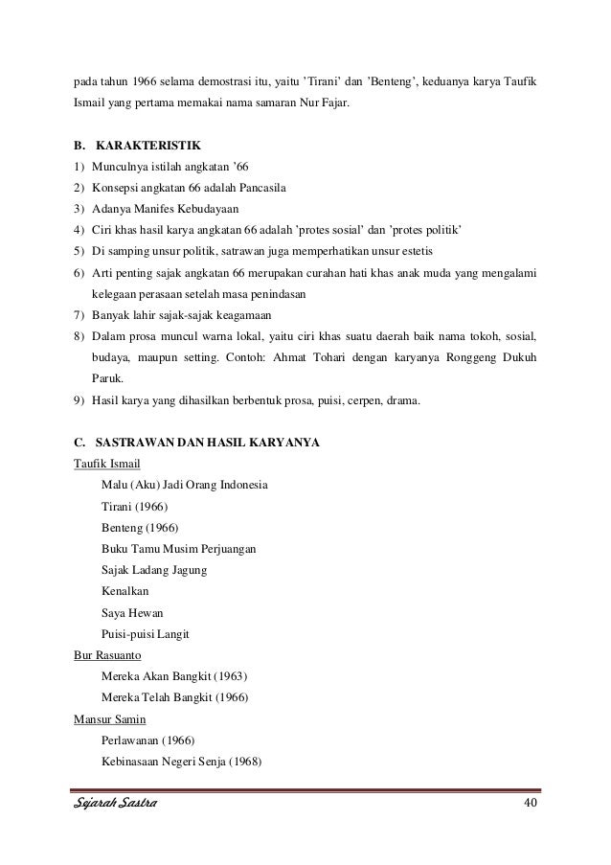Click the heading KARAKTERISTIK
148,147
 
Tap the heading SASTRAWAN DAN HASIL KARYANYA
203,443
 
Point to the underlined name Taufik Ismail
106,464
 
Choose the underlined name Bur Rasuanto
107,656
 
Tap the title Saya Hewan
132,613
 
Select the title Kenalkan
125,592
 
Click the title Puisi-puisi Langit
145,634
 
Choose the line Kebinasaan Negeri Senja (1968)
181,763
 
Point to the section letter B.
78,147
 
